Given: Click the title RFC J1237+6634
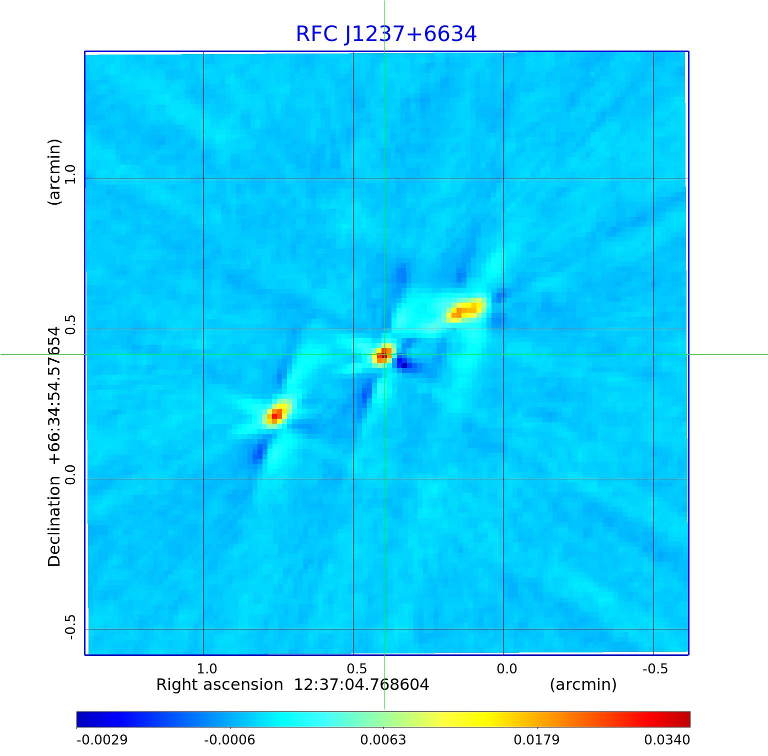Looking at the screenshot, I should (x=386, y=34).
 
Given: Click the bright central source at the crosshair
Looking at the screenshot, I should (x=383, y=355).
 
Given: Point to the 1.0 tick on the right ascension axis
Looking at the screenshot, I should (x=206, y=669).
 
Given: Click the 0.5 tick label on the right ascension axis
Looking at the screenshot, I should (x=356, y=669).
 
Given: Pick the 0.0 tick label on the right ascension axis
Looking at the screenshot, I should (x=506, y=669).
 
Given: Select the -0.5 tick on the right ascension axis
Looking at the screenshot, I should (x=655, y=669).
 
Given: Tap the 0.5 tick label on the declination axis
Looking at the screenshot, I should (x=69, y=325).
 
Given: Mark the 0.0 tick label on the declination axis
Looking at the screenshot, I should (x=69, y=475).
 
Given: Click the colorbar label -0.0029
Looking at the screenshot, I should (x=102, y=739).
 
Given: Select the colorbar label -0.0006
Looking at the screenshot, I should (x=229, y=739).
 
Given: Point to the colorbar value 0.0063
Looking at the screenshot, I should (x=383, y=739).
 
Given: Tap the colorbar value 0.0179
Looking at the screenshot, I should (x=536, y=739).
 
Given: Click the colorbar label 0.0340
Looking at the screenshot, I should (x=666, y=739).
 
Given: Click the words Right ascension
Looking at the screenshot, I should (x=219, y=684).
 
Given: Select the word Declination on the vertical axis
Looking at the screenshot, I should (x=54, y=521).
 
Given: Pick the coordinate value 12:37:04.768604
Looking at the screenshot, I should (x=361, y=684).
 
